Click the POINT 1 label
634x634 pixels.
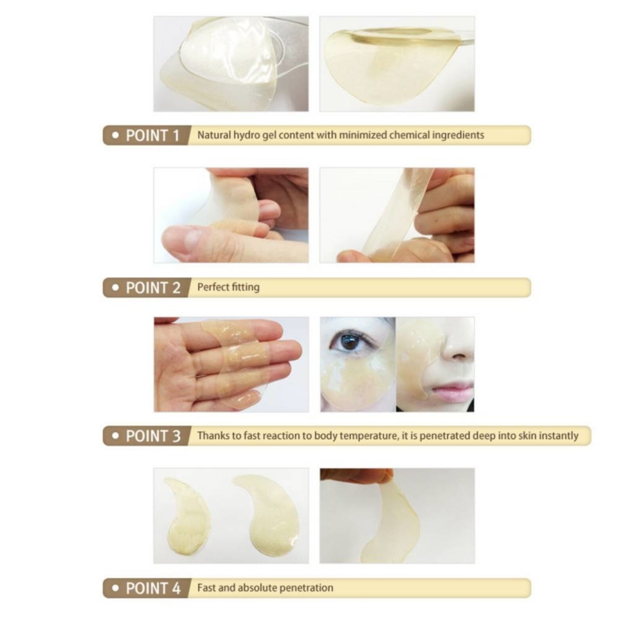click(152, 136)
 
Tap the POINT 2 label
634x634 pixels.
click(153, 288)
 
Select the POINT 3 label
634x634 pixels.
click(153, 436)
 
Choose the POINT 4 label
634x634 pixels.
click(153, 588)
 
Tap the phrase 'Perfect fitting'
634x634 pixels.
click(228, 287)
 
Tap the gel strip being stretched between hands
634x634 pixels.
click(396, 214)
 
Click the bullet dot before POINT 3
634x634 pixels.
click(115, 436)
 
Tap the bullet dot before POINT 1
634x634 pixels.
click(115, 136)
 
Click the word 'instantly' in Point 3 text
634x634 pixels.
click(559, 436)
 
